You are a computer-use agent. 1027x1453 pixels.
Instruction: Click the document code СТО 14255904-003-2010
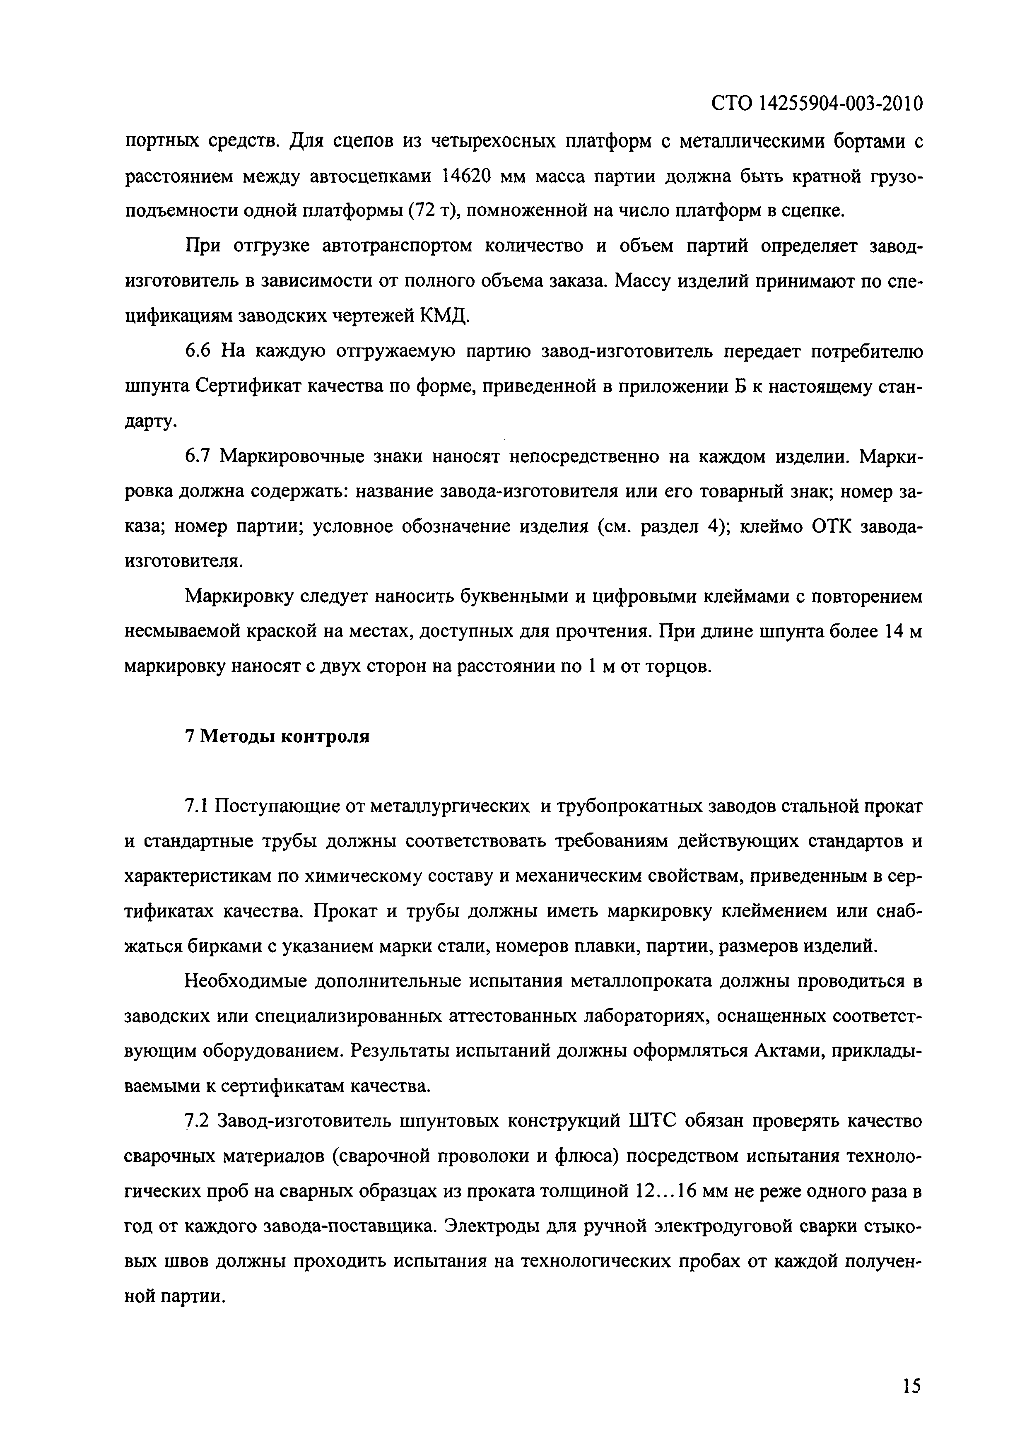(816, 103)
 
